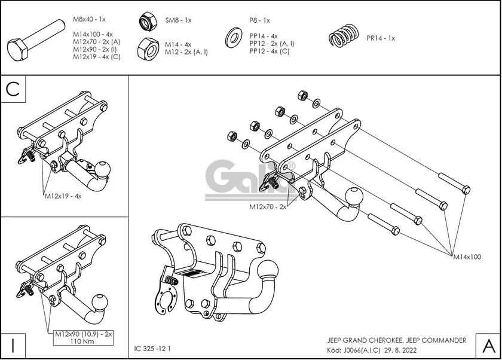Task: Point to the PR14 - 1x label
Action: (381, 38)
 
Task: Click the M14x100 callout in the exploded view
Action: (466, 257)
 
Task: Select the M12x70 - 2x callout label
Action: (268, 207)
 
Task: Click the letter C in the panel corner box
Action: (13, 89)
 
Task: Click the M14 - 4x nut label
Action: (178, 44)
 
